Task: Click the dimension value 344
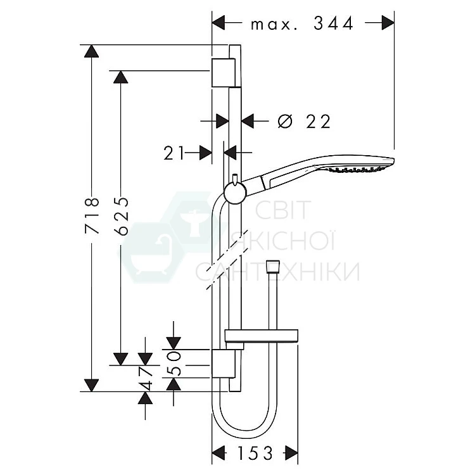333,23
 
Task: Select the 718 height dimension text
92,215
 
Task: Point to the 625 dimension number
122,216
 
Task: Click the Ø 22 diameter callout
304,122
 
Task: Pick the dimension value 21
174,153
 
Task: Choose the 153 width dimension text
255,453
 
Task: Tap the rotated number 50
174,364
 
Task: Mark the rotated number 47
145,379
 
